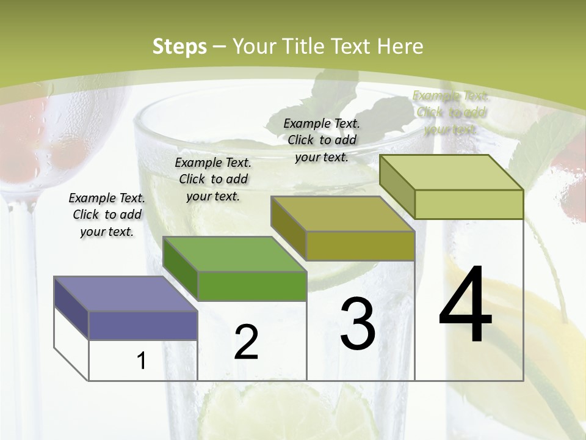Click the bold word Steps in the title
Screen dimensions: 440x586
click(179, 46)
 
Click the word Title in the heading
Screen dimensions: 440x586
click(306, 46)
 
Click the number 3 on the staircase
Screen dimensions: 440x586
click(358, 324)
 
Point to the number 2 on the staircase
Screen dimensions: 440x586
click(247, 342)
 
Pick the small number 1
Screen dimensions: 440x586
click(142, 361)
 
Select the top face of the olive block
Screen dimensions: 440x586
click(342, 214)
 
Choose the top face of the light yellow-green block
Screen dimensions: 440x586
click(451, 172)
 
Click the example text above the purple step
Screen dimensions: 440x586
click(107, 215)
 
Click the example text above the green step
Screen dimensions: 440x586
click(213, 179)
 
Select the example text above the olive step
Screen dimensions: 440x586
click(322, 140)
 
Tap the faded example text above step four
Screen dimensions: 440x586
click(450, 112)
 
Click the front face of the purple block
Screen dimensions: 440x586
click(143, 326)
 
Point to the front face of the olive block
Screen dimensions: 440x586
click(360, 246)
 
